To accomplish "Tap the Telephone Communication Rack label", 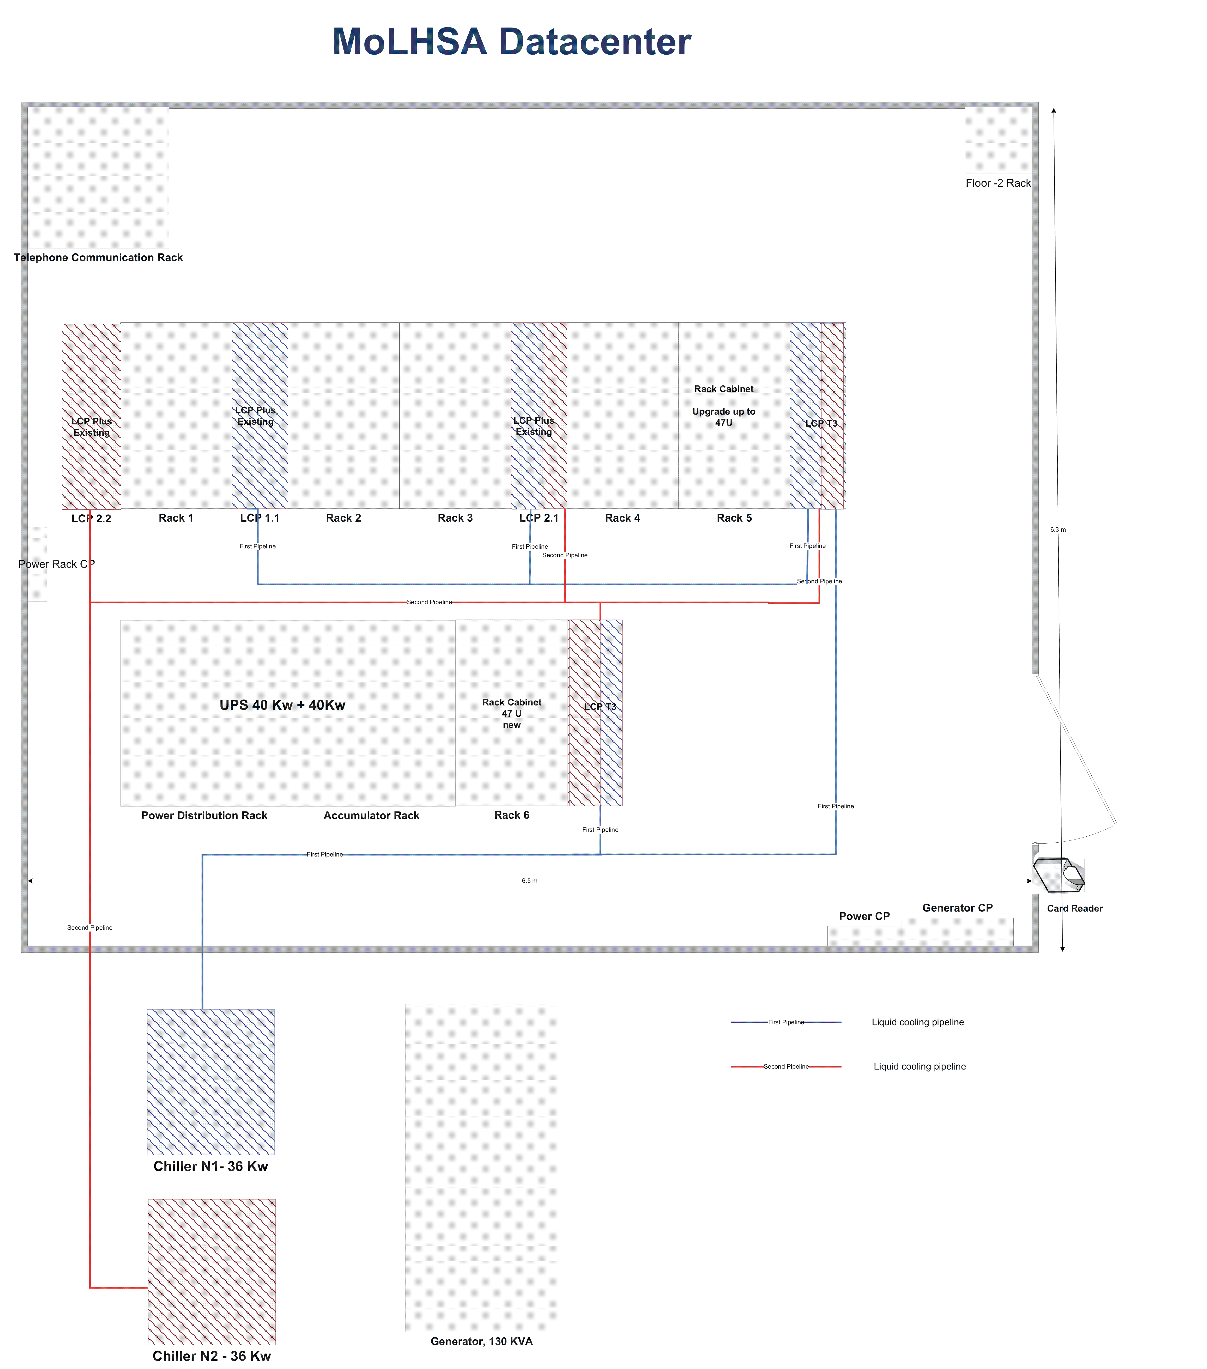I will [98, 257].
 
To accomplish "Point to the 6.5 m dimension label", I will [529, 881].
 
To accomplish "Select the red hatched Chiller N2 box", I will [212, 1271].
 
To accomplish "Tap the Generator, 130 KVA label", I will [482, 1341].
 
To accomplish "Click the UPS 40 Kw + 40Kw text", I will [282, 704].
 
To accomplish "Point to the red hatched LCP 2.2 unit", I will [91, 416].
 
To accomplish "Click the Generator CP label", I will [957, 907].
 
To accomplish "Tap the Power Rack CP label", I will [56, 564].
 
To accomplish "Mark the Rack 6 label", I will [512, 815].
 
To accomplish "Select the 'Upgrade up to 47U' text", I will [723, 417].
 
